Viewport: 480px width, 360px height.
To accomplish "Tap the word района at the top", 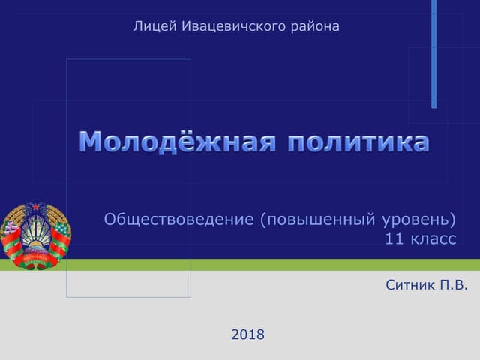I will tap(315, 27).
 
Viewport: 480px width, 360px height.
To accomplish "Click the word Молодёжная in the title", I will tap(178, 142).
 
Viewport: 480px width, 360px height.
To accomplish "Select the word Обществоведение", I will tap(179, 220).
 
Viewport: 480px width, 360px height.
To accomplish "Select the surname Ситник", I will tap(411, 285).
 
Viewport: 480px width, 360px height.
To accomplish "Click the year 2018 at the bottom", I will tap(248, 334).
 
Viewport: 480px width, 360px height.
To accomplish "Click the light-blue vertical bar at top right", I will tap(433, 52).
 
